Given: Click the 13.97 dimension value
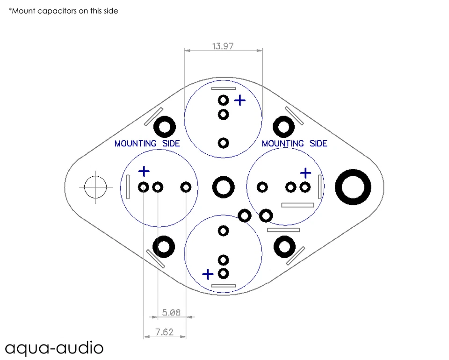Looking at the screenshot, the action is tap(223, 46).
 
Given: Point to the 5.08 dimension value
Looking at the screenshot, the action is tap(171, 312).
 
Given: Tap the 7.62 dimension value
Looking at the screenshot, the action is tap(164, 332).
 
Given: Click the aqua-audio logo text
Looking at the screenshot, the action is tap(54, 348).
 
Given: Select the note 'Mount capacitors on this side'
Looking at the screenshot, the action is tap(63, 11).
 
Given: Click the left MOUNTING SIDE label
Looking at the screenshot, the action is tap(147, 144).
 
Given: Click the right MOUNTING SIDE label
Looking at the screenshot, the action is tap(294, 144).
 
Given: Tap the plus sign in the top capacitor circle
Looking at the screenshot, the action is tap(240, 101).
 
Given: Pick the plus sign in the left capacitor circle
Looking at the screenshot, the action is tap(144, 172).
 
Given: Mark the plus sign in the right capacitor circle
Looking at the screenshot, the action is tap(305, 173).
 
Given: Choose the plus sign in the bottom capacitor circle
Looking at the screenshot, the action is tap(208, 274).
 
